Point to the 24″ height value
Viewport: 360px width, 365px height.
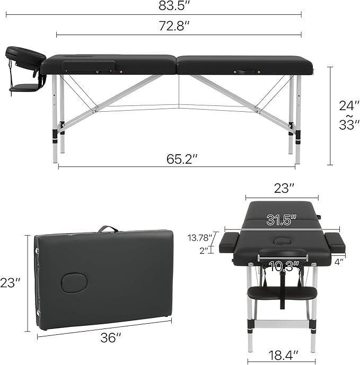click(346, 105)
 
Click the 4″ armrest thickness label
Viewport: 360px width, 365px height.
click(339, 261)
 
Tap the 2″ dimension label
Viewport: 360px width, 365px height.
click(204, 251)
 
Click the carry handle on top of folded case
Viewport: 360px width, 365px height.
click(108, 229)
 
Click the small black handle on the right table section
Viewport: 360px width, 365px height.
click(245, 71)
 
